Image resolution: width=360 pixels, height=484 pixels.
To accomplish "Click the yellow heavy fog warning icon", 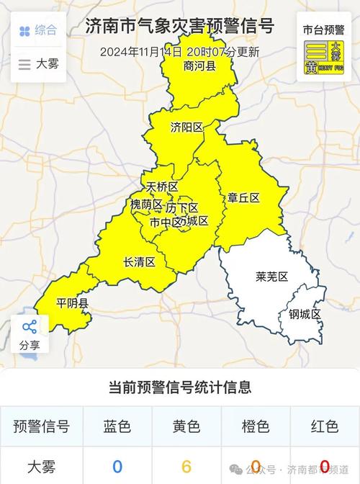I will coord(323,58).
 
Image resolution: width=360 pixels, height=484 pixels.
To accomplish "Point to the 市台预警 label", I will coord(323,30).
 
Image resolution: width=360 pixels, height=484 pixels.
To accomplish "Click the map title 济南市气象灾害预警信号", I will coord(180,27).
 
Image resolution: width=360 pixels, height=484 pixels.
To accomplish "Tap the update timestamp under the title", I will coord(180,52).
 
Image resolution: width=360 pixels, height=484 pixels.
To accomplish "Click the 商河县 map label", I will coord(199,66).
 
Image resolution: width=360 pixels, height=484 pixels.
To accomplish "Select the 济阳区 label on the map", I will coord(186,127).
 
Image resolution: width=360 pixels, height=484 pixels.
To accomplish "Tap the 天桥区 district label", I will coord(161,187).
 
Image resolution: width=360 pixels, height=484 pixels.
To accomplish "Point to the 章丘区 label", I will coord(243,197).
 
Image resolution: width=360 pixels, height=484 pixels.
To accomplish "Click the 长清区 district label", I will coord(139,262).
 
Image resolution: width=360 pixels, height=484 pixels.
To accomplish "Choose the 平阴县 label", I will coord(73,304).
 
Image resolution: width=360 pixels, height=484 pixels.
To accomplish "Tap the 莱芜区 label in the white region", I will coord(271,277).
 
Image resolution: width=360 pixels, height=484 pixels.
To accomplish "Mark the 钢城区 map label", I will coord(305,314).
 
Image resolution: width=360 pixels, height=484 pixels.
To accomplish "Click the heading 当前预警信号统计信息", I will coord(180,387).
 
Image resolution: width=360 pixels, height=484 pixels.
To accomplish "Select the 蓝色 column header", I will coord(117,426).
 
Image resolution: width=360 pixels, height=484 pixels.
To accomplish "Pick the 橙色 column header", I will coord(256,426).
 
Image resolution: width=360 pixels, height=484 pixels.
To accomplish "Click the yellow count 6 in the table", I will coord(186,466).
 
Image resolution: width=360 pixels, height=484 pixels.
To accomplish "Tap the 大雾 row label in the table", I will coord(41,466).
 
